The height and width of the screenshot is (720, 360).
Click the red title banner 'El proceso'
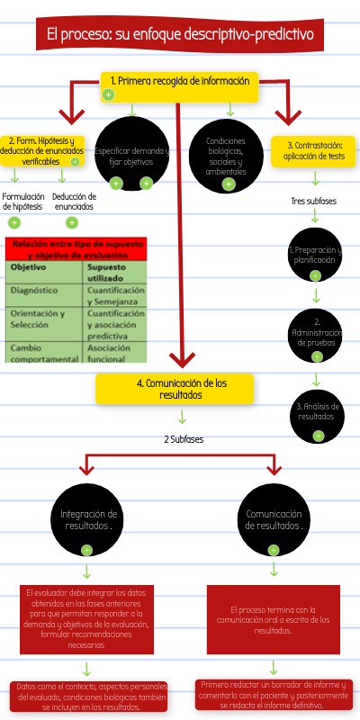click(x=180, y=36)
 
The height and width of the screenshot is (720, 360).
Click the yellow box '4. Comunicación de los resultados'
click(x=175, y=388)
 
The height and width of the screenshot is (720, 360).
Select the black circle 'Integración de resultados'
click(x=88, y=519)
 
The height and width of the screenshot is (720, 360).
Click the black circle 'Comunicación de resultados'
click(x=273, y=519)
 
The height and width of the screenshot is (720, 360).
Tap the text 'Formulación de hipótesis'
click(x=22, y=201)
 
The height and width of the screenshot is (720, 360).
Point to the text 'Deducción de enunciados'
click(x=74, y=201)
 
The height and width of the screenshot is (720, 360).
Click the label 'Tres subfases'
click(x=315, y=201)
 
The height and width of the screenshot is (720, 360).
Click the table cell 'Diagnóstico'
click(x=34, y=291)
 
